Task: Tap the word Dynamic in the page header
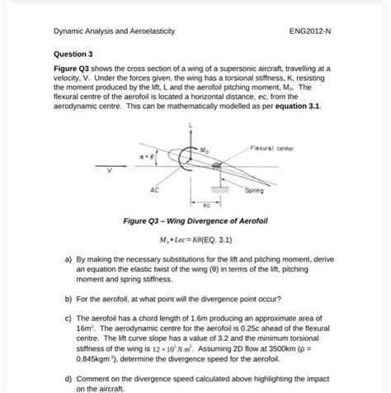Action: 71,33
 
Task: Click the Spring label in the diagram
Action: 254,191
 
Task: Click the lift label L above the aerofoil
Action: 191,125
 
